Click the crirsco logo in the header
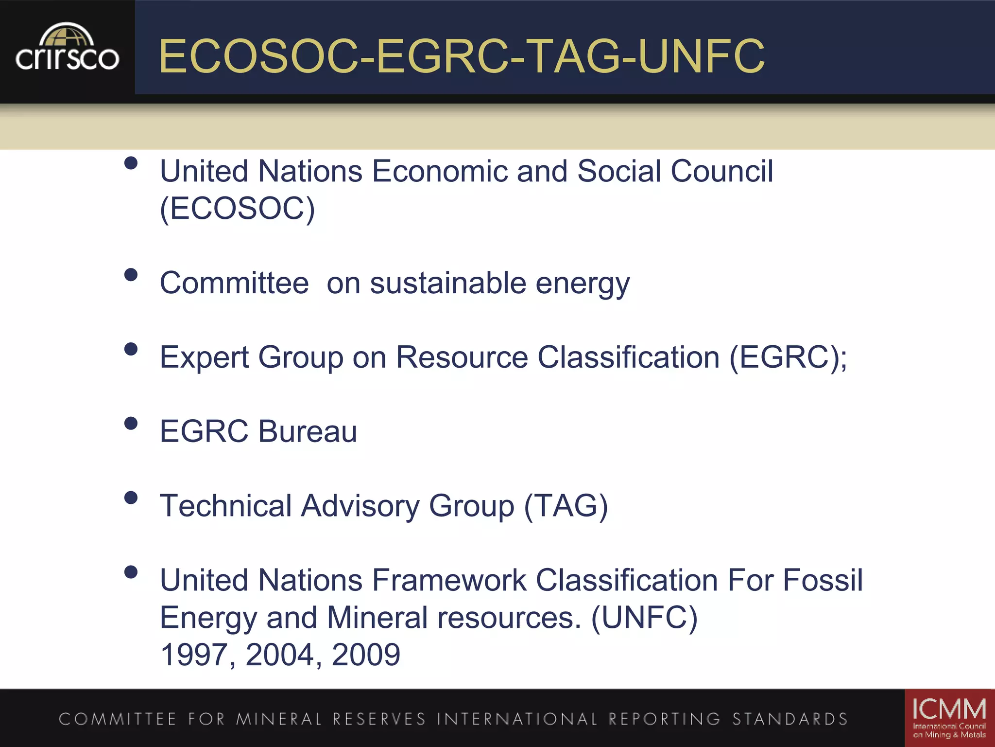(67, 49)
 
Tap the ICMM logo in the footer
(949, 718)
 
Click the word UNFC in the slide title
(701, 56)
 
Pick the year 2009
(366, 655)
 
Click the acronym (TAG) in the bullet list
(566, 506)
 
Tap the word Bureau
(308, 431)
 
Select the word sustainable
(448, 283)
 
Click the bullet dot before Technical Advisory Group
(131, 498)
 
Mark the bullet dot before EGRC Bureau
(131, 423)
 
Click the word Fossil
(823, 580)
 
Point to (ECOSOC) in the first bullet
(238, 209)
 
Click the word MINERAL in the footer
(279, 719)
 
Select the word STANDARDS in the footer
(790, 719)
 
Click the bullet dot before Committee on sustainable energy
(131, 275)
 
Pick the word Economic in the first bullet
(439, 171)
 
